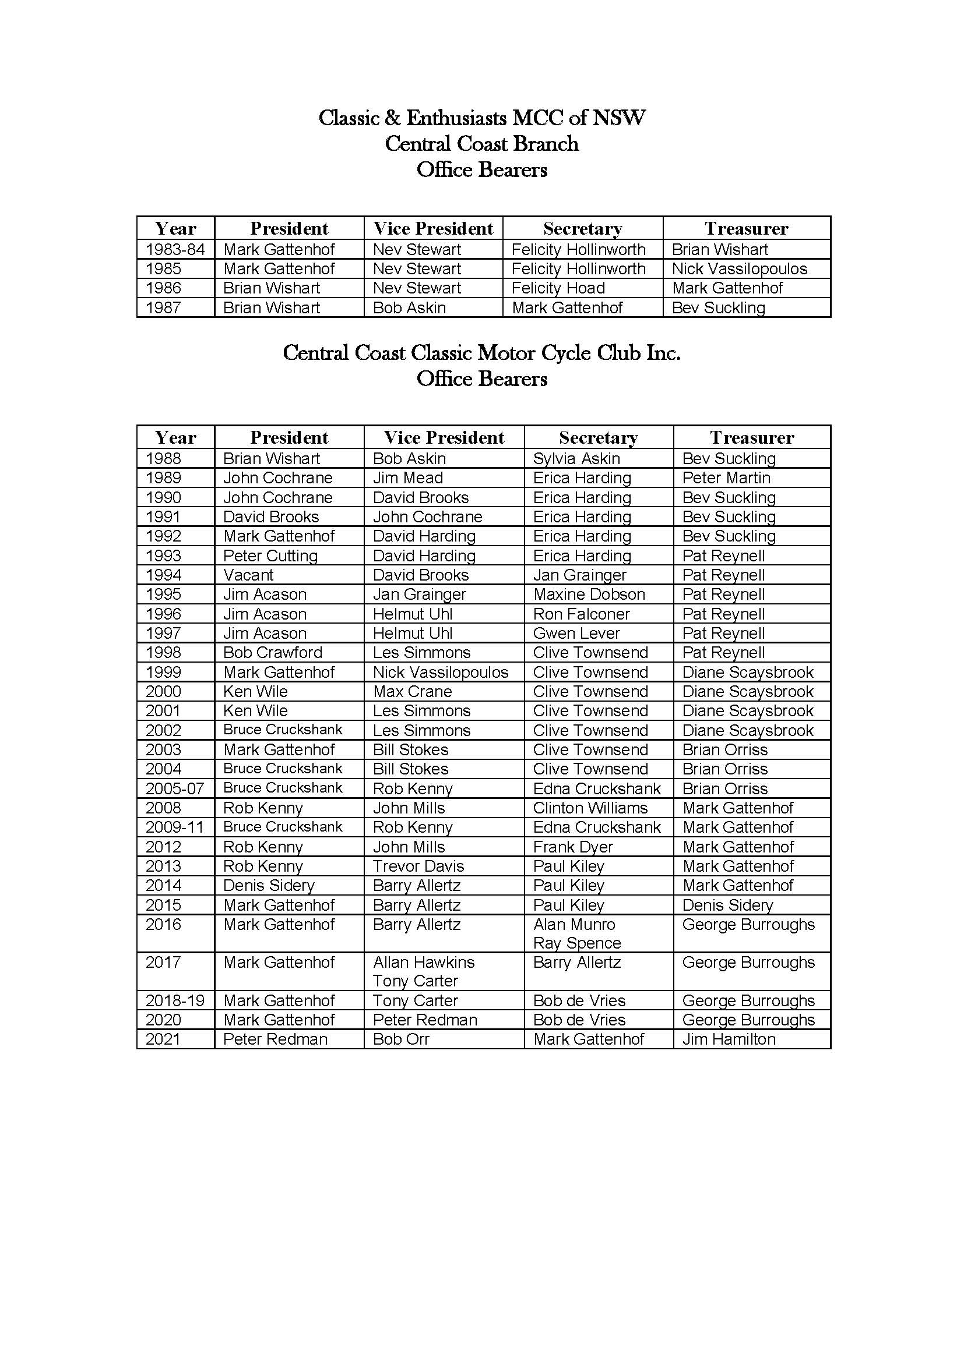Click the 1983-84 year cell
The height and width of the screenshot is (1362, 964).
click(175, 249)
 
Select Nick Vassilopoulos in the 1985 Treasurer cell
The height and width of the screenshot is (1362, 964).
click(739, 268)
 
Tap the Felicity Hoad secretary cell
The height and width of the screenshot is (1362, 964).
click(558, 288)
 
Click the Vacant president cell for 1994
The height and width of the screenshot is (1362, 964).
click(248, 575)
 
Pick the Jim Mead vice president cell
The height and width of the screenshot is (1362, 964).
click(408, 478)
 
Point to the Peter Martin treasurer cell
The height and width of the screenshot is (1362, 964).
click(726, 478)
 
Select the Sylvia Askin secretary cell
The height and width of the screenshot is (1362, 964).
click(576, 458)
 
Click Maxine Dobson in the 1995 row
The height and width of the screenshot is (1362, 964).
click(589, 595)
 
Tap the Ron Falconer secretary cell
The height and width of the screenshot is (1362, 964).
click(581, 614)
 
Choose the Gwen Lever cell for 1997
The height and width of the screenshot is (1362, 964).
click(576, 633)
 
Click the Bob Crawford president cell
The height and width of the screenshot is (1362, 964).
click(272, 653)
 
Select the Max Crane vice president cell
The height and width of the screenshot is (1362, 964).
click(412, 692)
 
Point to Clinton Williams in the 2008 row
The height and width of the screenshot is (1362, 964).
click(590, 808)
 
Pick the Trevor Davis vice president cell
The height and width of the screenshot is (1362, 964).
click(418, 866)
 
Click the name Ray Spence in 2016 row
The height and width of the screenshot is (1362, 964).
click(577, 943)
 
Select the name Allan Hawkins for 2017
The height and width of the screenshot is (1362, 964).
click(424, 962)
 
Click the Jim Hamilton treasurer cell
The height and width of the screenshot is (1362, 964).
click(729, 1039)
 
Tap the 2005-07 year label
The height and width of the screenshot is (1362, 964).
click(175, 788)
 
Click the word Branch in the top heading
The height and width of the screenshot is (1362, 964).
click(546, 144)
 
